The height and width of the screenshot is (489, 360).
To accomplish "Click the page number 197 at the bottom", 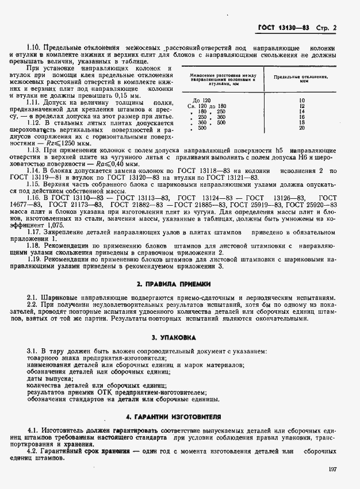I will click(332, 469).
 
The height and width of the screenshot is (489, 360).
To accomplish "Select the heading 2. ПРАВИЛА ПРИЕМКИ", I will click(174, 284).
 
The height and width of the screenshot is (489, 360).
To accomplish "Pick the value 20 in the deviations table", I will click(302, 128).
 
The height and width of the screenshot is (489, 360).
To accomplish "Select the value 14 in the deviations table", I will click(302, 111).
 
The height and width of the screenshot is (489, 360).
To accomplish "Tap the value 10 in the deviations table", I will click(302, 101).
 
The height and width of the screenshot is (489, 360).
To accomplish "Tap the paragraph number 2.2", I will click(32, 304).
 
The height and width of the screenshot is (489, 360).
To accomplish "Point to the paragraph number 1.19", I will click(35, 259).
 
